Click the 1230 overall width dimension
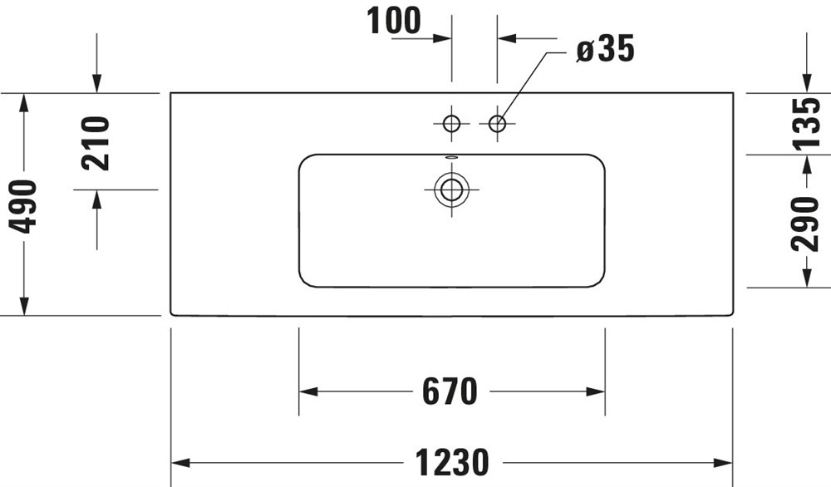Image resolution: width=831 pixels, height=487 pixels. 451,463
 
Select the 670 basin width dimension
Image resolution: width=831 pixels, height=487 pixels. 450,391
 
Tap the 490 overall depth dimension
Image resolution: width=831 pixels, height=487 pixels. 24,207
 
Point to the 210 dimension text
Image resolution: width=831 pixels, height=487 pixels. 96,143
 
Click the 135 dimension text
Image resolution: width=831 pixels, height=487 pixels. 804,124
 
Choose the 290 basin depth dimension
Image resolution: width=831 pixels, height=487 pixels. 804,224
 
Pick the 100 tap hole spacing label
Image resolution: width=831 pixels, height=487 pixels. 394,22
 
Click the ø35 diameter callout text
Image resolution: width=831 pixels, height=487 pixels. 605,49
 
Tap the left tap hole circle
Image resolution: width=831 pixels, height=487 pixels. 451,124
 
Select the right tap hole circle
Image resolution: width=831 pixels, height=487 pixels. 497,124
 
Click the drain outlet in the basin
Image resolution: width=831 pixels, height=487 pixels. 451,189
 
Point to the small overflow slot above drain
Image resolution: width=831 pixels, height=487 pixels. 451,157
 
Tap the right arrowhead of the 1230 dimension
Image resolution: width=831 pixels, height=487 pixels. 724,463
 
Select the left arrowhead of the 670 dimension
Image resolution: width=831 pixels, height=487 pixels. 308,391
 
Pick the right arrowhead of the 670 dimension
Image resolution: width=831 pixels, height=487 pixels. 595,391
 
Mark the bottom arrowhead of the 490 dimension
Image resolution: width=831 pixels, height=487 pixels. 24,306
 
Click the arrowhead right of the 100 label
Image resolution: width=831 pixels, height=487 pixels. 442,38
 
